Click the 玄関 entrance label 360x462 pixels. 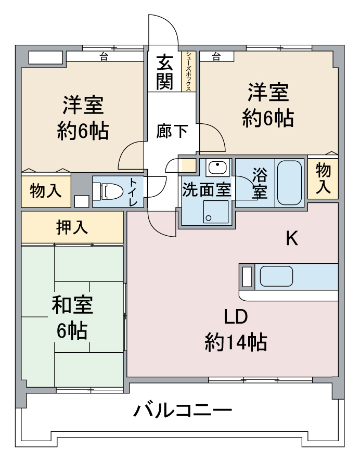coord(164,72)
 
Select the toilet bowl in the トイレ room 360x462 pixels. coord(108,191)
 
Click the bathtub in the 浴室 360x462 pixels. coord(289,183)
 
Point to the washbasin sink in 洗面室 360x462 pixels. coord(217,168)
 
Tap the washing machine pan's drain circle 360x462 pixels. coord(209,218)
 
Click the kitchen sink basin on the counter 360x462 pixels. coord(276,276)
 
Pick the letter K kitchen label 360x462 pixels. coord(292,238)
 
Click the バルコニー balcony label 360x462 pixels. coord(183,410)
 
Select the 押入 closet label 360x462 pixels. coord(72,227)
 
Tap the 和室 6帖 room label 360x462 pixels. coord(72,318)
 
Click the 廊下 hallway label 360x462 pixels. coord(172,132)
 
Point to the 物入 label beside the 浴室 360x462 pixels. coord(323,179)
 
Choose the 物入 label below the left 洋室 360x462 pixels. coord(46,190)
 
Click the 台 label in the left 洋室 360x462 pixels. coord(104,57)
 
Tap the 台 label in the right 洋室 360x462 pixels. coord(216,56)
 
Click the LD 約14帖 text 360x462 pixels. coord(236,329)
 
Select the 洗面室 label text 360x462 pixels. coord(207,189)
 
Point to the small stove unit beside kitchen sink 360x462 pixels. coord(247,276)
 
